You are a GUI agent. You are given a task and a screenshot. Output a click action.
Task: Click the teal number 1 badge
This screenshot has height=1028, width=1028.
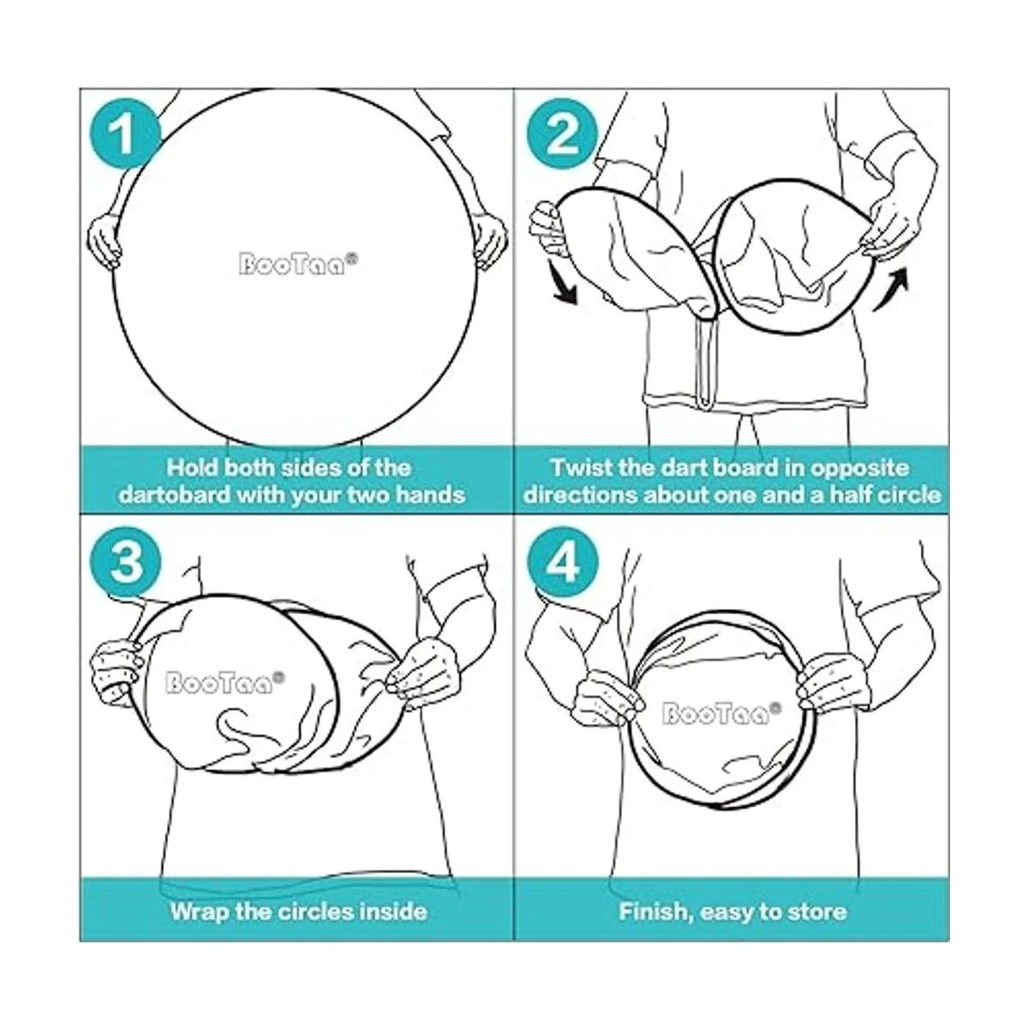(124, 135)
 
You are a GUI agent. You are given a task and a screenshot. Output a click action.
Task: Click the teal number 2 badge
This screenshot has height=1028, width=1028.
(562, 135)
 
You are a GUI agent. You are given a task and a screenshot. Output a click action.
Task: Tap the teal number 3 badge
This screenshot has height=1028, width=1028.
(125, 563)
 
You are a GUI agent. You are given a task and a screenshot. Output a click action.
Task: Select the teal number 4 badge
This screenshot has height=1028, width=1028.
(563, 563)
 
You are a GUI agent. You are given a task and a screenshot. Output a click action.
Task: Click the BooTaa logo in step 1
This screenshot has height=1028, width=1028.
(297, 263)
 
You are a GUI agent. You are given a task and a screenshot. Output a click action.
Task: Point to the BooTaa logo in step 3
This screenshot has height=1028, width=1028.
(225, 682)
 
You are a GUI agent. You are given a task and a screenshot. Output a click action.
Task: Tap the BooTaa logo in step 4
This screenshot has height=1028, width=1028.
(722, 713)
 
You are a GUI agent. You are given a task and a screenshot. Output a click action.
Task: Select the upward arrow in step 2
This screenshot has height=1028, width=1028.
(891, 289)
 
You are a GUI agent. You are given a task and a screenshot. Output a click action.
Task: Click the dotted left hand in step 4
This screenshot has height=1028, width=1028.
(608, 696)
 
